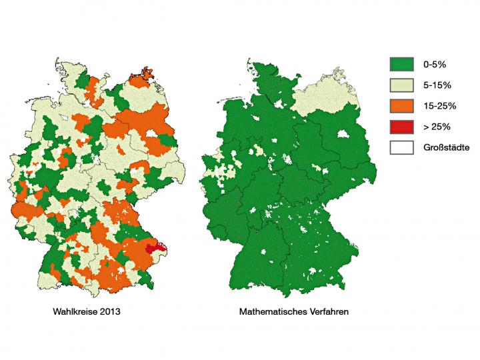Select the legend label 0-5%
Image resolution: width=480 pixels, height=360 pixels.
click(435, 64)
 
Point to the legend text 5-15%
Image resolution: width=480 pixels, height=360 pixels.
click(437, 85)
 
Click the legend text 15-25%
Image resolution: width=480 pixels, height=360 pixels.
click(439, 105)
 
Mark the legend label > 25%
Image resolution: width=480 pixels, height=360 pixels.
click(437, 126)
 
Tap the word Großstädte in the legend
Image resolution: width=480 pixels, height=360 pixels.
click(446, 147)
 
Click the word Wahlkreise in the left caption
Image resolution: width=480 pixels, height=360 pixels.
click(74, 311)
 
